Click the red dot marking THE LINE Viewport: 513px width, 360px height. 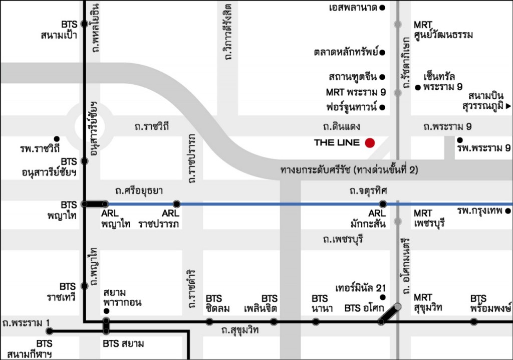pos(370,143)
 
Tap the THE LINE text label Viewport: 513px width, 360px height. pos(337,142)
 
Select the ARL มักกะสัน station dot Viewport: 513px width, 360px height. pos(383,204)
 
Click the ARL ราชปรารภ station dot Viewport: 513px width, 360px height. pos(176,204)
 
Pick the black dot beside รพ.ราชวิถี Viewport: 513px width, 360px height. pos(57,138)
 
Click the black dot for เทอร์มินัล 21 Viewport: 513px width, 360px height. pos(383,297)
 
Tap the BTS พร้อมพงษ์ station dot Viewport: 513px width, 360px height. pos(474,321)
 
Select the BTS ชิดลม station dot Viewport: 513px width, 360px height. pos(209,321)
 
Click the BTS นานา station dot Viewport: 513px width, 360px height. pos(316,321)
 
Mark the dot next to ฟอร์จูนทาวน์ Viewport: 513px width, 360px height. pos(382,107)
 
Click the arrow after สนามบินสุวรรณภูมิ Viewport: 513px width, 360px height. pos(508,106)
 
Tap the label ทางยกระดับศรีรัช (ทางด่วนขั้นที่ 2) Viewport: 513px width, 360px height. pos(349,170)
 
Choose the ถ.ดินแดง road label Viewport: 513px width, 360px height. pos(342,126)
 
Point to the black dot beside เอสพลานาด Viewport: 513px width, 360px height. pos(382,8)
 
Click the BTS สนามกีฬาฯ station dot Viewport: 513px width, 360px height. pos(49,331)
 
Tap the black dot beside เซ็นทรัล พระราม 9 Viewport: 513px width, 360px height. pos(418,87)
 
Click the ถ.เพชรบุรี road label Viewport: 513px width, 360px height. pos(343,240)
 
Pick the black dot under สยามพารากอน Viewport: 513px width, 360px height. pos(106,311)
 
